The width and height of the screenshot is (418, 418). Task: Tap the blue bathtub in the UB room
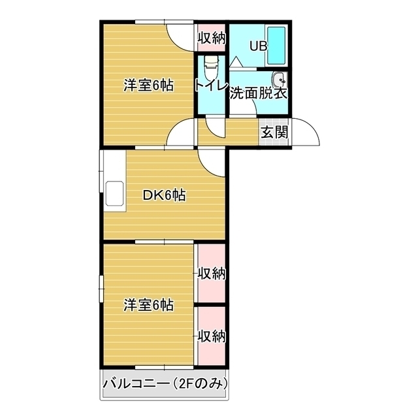click(x=278, y=44)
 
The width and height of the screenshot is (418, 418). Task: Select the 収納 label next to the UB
click(x=212, y=39)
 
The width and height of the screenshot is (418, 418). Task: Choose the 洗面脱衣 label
click(x=259, y=93)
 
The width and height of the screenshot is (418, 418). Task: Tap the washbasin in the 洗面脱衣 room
click(x=280, y=80)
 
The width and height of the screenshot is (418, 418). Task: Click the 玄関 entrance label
click(x=275, y=132)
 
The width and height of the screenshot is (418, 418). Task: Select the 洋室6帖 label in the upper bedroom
click(x=150, y=86)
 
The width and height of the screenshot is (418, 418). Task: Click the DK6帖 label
click(x=164, y=195)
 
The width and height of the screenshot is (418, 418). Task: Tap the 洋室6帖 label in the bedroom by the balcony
click(x=150, y=304)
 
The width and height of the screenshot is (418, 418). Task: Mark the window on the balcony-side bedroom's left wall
click(x=101, y=288)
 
